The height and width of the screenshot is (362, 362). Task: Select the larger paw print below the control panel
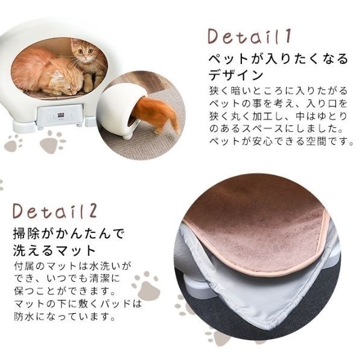[53, 144]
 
